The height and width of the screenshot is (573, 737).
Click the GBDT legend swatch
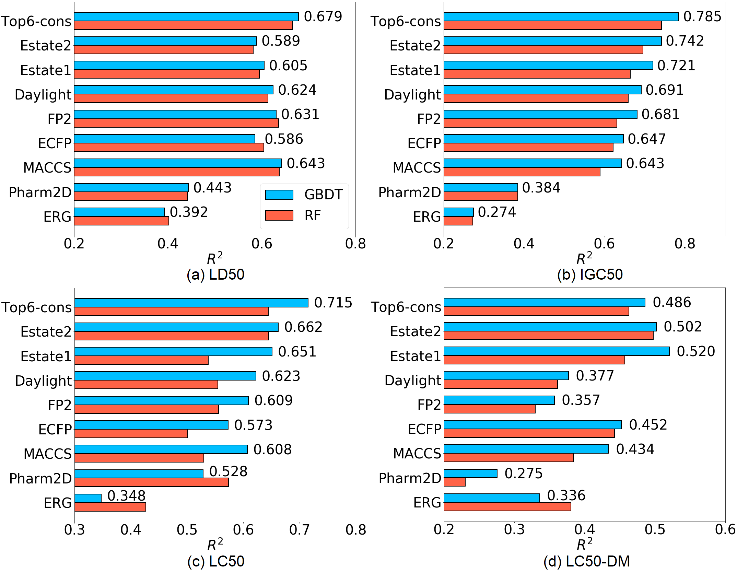pos(279,195)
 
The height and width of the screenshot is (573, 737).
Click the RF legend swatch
pos(279,215)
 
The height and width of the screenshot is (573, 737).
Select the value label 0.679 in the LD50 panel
pos(323,16)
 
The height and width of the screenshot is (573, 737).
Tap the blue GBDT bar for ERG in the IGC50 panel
pos(458,212)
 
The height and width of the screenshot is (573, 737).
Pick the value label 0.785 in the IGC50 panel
pos(702,16)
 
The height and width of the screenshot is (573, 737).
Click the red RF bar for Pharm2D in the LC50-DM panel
pos(455,482)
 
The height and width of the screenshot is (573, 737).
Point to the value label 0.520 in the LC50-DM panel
pos(696,351)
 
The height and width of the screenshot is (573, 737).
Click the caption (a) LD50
pos(215,274)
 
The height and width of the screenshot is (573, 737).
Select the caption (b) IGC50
pos(590,274)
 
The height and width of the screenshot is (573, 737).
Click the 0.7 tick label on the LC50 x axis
pos(300,530)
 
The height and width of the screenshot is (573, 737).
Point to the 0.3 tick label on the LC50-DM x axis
pos(514,529)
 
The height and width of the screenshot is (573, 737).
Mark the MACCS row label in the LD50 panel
pos(47,168)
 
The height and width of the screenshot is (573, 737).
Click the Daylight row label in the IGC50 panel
pos(412,95)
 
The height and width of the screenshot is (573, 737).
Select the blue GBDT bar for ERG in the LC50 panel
pos(88,498)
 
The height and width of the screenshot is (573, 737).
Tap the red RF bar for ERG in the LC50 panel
pos(110,507)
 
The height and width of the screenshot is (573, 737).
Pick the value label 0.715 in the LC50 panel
pos(333,303)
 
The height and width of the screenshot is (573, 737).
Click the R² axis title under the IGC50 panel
pos(584,258)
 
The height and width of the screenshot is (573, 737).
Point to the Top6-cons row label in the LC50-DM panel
pos(406,307)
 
